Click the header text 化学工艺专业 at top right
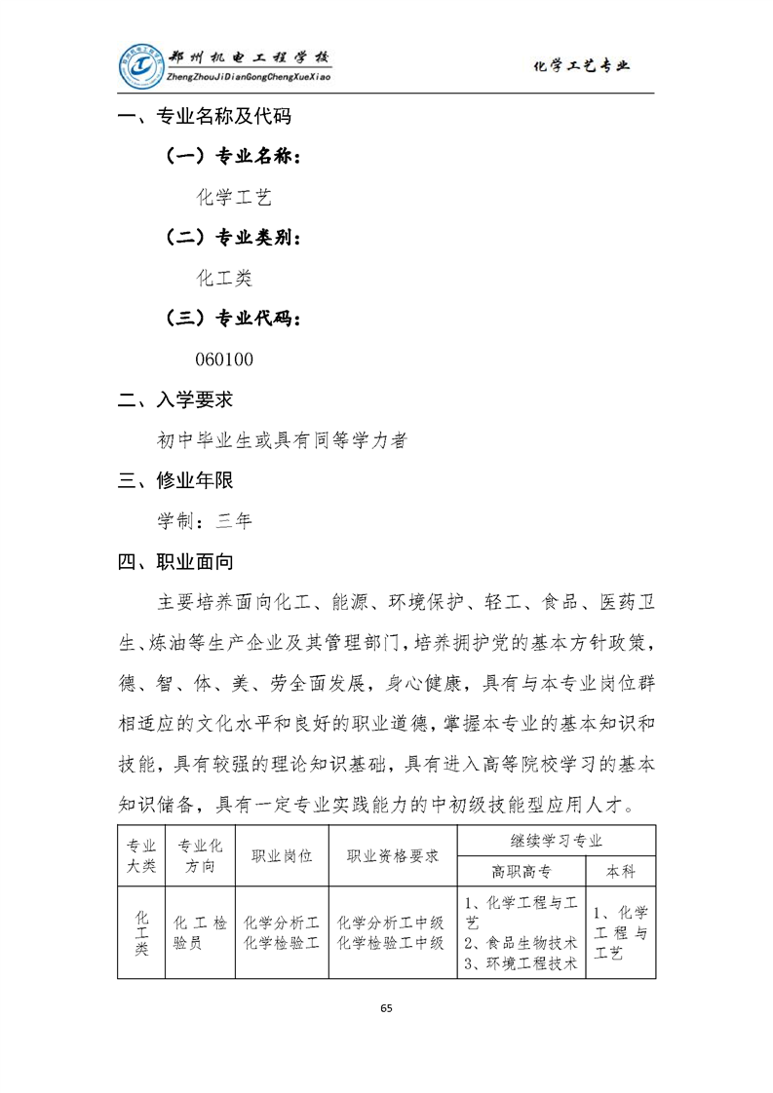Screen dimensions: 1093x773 [x=582, y=66]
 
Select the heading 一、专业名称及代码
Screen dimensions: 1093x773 [x=205, y=118]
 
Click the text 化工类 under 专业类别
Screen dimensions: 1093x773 [x=224, y=278]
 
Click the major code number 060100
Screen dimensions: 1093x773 [x=224, y=359]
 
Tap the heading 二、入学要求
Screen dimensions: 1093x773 [x=175, y=399]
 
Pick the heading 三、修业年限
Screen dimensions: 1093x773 [x=175, y=480]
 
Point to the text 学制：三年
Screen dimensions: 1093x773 [x=205, y=521]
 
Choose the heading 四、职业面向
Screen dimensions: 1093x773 [x=175, y=562]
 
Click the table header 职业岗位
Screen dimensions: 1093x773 [x=282, y=856]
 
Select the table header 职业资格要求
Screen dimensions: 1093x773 [x=392, y=856]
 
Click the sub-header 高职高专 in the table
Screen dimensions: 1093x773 [x=521, y=872]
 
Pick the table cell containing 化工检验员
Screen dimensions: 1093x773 [x=200, y=932]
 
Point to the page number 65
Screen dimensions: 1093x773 [x=386, y=1007]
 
